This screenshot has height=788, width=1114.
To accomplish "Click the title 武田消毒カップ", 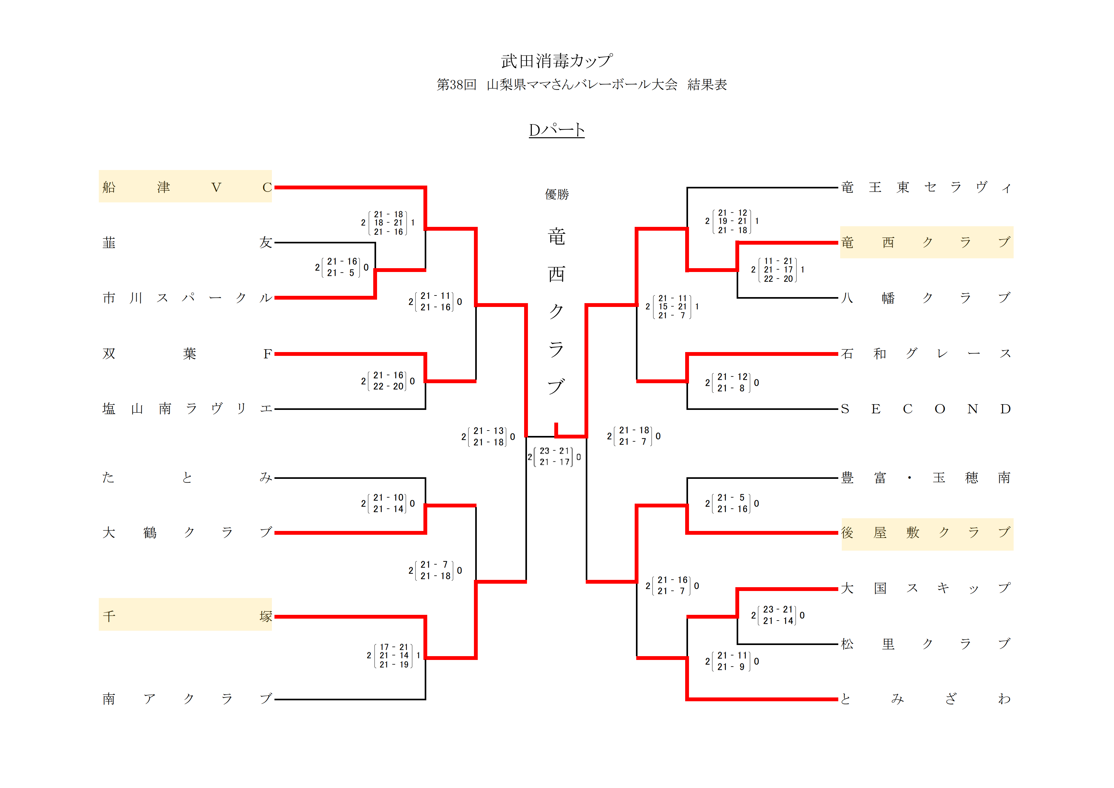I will (x=557, y=61).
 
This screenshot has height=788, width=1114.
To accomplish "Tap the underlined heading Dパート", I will (x=557, y=130).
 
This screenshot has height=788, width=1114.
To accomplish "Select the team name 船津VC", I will (x=185, y=187).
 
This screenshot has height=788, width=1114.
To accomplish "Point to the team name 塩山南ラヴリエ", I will (x=187, y=409).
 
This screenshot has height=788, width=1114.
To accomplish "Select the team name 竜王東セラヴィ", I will (x=926, y=187).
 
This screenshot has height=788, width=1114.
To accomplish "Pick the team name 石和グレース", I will (x=926, y=353).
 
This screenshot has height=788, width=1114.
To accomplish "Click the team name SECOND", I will (x=926, y=409).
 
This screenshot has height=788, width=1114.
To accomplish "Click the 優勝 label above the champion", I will (x=557, y=194).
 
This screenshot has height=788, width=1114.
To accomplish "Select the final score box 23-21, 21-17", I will (x=554, y=457).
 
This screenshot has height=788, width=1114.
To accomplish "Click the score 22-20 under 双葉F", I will (x=388, y=387).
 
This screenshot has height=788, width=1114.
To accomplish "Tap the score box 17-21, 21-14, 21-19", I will (x=394, y=656).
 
